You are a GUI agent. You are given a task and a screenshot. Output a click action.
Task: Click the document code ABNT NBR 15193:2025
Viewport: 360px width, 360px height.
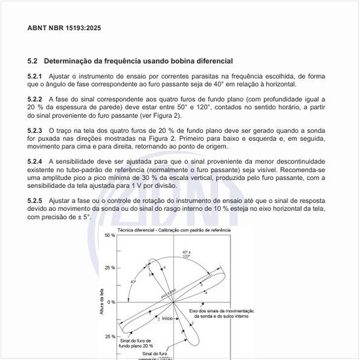64,28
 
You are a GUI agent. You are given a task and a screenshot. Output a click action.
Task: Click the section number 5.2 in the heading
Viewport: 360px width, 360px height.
33,61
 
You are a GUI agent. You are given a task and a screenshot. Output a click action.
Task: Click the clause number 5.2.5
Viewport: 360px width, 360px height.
36,200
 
